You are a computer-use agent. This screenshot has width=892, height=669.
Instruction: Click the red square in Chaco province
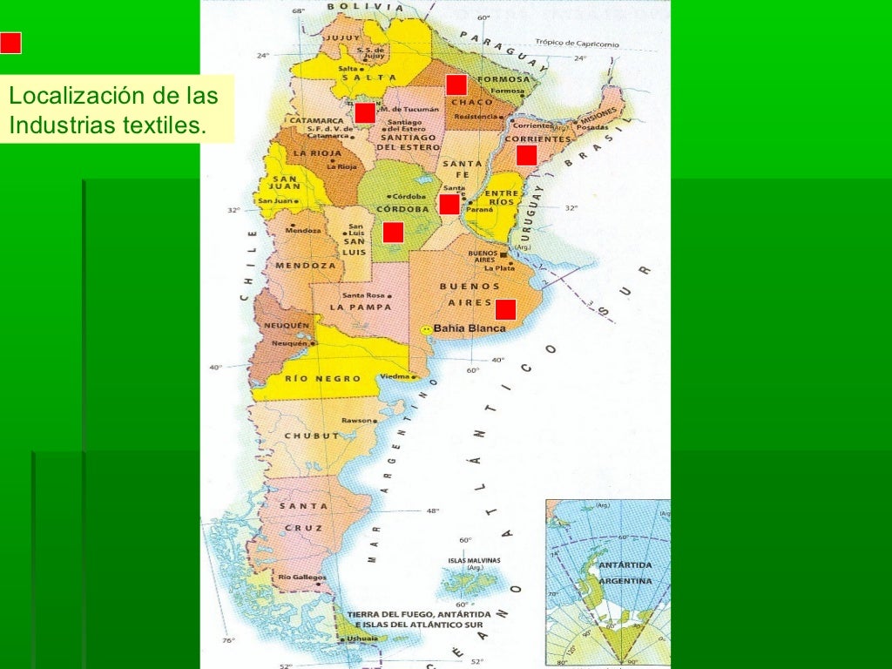456,84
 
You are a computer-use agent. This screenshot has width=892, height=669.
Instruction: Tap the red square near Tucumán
365,112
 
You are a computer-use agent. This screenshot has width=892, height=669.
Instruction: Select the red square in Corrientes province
526,155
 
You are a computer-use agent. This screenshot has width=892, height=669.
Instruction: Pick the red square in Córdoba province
393,232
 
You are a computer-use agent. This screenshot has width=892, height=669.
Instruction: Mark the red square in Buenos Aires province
505,309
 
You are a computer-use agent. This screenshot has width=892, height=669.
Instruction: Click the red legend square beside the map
10,43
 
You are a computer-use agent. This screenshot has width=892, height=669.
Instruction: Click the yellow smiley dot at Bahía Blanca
426,330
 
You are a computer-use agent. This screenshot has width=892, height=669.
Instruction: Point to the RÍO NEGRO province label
311,380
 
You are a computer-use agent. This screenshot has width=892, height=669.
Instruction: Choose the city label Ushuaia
361,639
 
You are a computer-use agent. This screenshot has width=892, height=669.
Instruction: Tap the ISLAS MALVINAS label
474,560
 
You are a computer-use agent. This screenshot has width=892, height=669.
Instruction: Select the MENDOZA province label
305,266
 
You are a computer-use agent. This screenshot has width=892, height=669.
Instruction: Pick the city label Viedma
395,377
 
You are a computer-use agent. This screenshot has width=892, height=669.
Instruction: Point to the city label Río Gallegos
302,578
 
